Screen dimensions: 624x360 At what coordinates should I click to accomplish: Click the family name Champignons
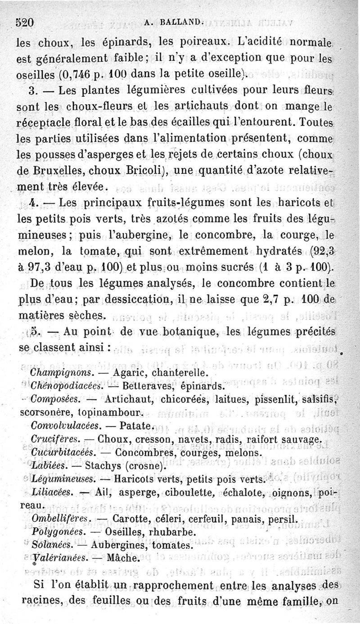(61, 373)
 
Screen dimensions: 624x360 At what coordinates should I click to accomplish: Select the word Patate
(133, 425)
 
